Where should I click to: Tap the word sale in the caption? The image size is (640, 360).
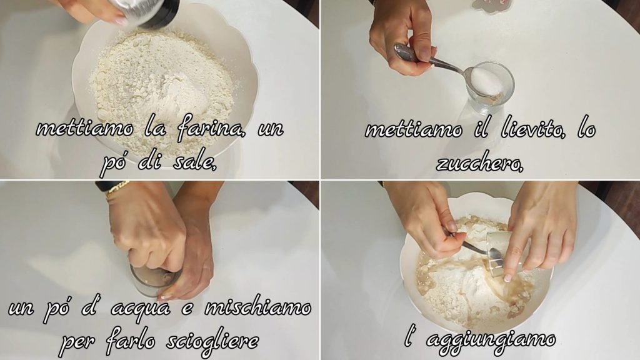194,162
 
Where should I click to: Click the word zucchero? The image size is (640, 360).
479,163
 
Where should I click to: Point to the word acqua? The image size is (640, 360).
140,308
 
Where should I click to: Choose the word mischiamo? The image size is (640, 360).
257,307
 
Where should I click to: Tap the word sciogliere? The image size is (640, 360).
212,341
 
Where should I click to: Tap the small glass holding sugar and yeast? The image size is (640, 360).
490,87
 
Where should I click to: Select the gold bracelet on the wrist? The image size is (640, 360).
117,189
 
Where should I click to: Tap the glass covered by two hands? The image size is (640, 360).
153,282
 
